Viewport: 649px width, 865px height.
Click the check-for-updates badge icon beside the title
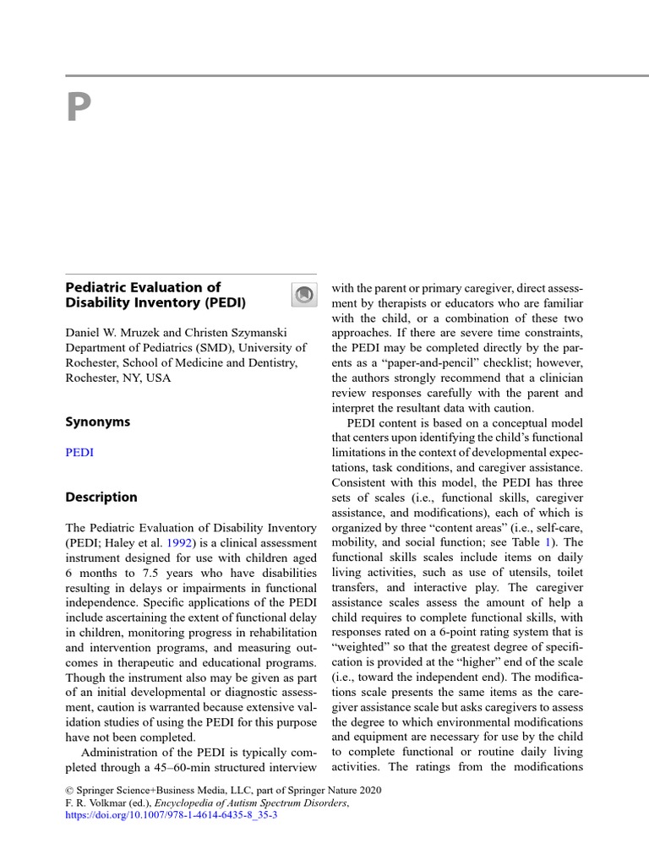pos(303,294)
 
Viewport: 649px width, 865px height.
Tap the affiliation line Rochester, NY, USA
pos(118,378)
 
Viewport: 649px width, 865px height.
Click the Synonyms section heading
pos(98,422)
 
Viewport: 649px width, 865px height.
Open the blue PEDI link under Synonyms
pos(79,452)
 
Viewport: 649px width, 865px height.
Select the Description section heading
pos(101,497)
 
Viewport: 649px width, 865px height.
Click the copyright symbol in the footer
pos(69,790)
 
